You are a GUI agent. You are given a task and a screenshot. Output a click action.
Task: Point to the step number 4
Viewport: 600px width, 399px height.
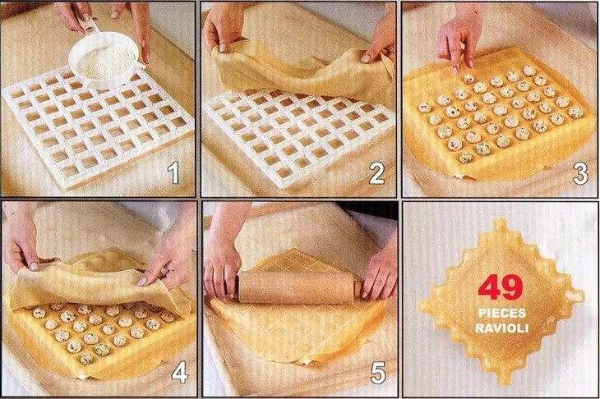179,374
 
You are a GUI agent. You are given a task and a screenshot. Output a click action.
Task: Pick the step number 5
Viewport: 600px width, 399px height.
377,374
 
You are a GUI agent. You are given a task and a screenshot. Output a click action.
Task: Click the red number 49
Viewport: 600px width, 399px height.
501,287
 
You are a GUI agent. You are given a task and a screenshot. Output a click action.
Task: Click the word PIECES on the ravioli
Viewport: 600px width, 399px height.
501,314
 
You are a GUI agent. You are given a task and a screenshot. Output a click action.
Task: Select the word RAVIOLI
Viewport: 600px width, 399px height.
501,328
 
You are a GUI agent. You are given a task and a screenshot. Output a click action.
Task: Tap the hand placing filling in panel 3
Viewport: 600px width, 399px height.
457,41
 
